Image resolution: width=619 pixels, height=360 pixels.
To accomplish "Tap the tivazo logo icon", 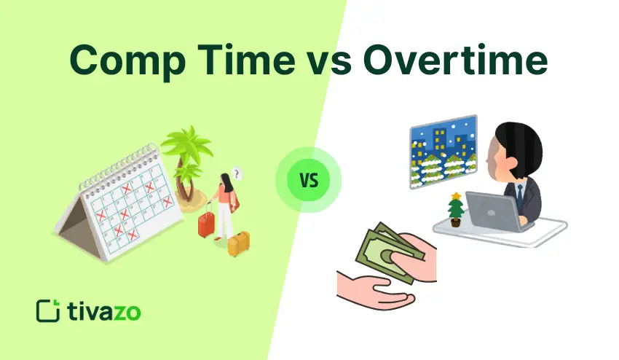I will coord(47,310).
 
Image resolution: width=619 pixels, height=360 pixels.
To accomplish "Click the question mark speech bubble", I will coord(237,174).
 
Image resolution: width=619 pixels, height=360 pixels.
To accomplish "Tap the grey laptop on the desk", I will coord(493,211).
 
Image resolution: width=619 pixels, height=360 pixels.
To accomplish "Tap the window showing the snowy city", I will coord(443,152).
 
